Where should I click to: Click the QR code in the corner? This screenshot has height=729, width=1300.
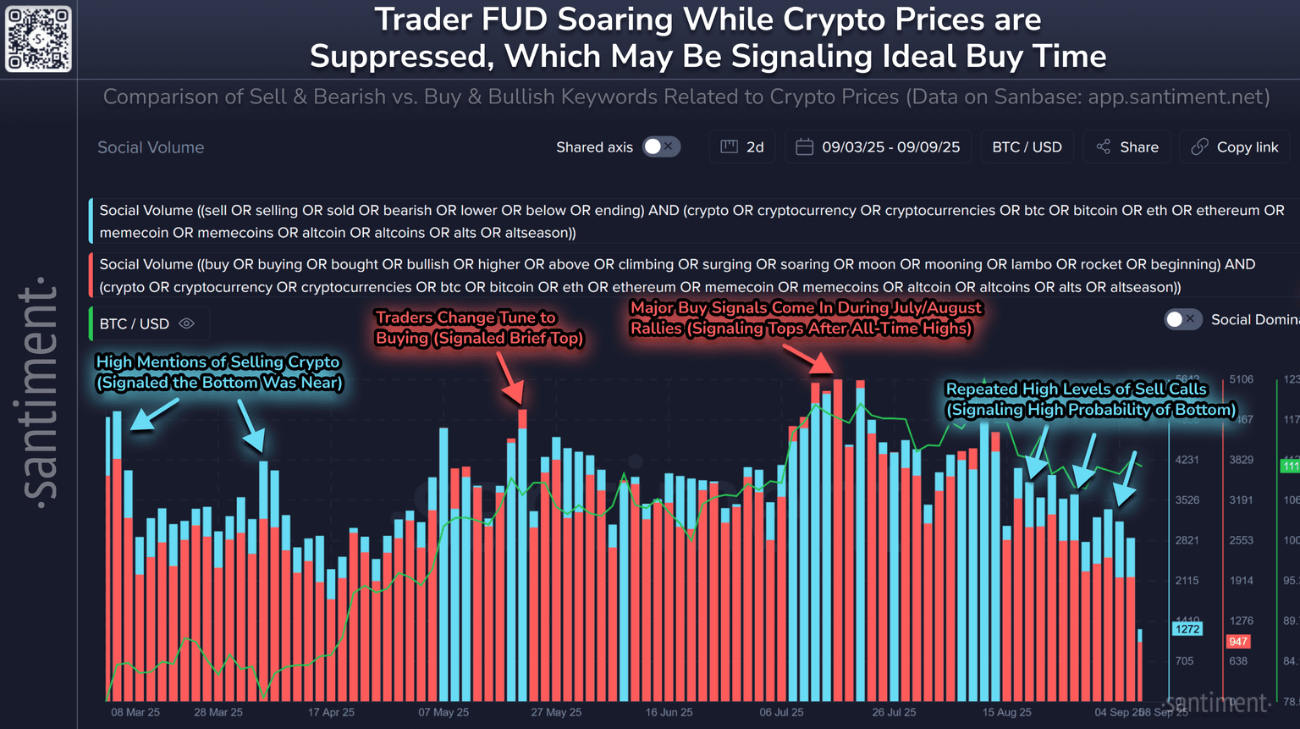[38, 39]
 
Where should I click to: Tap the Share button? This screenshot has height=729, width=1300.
[1127, 147]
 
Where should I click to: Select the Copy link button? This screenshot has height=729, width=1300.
[1236, 147]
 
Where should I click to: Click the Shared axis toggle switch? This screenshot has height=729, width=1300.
[661, 146]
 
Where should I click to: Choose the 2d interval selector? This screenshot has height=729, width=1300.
[742, 147]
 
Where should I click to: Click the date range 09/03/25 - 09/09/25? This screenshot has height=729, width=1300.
[879, 147]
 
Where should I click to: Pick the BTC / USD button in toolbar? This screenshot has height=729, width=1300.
[1027, 147]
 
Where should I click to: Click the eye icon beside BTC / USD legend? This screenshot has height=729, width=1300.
[187, 323]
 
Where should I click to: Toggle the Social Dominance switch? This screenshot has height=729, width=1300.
[1182, 319]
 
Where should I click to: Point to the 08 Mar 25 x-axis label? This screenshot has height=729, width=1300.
[135, 712]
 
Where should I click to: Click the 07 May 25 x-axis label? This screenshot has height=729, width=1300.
[443, 712]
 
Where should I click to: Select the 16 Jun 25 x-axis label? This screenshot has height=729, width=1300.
[669, 712]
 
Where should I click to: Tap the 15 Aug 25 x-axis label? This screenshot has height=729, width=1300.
[1006, 712]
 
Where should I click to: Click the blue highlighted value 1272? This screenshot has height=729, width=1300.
[1187, 629]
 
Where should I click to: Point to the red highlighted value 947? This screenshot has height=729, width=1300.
[1238, 642]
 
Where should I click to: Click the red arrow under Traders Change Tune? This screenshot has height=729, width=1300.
[510, 378]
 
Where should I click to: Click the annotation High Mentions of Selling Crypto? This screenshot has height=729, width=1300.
[218, 373]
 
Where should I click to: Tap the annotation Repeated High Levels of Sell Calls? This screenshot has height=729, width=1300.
[1090, 400]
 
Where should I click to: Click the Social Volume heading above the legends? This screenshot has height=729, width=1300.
[151, 147]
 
